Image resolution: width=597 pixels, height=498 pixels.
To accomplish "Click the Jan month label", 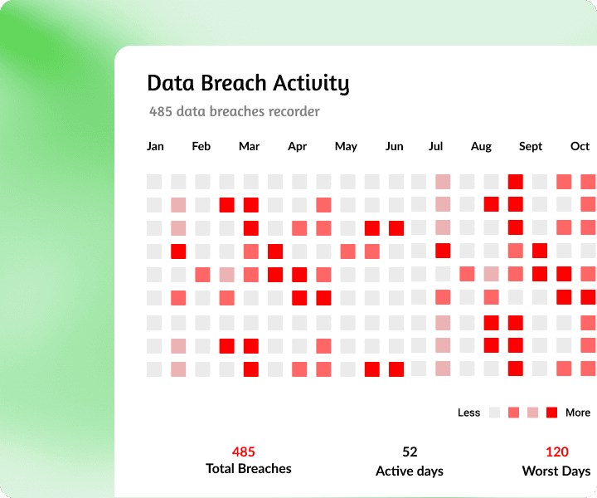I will tap(155, 146).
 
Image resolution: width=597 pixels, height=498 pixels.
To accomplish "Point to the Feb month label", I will tap(201, 146).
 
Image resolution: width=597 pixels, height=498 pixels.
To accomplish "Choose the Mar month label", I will tap(249, 146).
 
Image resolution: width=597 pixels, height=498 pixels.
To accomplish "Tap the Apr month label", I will tap(297, 146).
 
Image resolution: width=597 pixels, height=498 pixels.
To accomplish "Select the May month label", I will tap(346, 146).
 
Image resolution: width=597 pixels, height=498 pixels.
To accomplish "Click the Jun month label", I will tap(395, 146).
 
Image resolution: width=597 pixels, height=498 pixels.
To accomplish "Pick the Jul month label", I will tap(435, 146).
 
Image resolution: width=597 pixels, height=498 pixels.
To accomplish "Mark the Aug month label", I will tap(481, 146).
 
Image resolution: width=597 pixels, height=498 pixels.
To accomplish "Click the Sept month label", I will tap(531, 146).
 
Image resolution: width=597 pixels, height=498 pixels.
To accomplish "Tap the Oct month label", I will tap(580, 146).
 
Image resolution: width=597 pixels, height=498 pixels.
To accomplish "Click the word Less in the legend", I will tap(468, 413).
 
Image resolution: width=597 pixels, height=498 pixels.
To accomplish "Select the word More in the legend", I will tap(578, 413).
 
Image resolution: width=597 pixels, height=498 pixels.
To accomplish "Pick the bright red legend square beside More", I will tap(551, 413).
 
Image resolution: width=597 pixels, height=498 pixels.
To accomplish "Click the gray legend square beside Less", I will tap(494, 413).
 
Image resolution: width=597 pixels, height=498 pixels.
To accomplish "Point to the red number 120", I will tap(556, 452).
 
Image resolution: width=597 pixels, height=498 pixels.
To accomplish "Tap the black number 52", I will tap(410, 452).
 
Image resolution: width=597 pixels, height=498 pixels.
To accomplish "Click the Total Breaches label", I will tap(249, 469).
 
